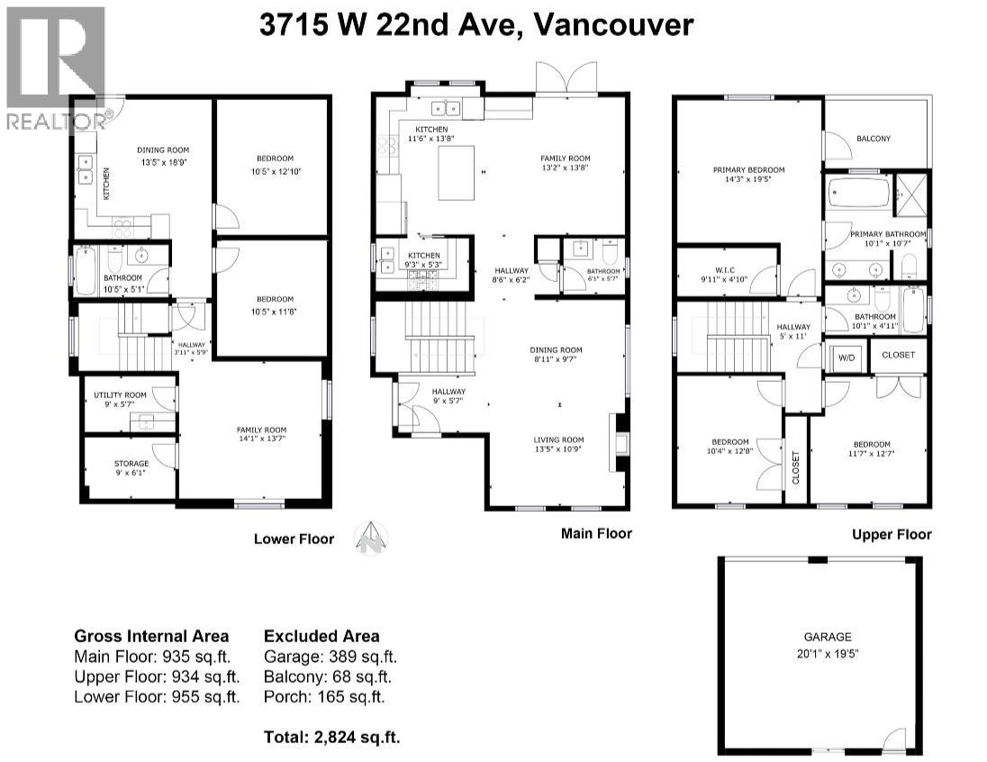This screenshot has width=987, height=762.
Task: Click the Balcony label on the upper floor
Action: pyautogui.click(x=873, y=138)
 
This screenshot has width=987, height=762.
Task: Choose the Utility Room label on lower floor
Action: pyautogui.click(x=114, y=399)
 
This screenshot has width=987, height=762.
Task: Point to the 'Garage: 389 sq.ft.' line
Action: pyautogui.click(x=330, y=657)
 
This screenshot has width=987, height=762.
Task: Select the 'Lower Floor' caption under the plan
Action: pyautogui.click(x=294, y=539)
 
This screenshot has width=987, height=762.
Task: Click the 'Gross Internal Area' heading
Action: pyautogui.click(x=150, y=636)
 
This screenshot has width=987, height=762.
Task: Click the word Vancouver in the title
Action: pyautogui.click(x=613, y=24)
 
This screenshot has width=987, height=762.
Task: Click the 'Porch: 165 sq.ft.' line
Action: pyautogui.click(x=324, y=696)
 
